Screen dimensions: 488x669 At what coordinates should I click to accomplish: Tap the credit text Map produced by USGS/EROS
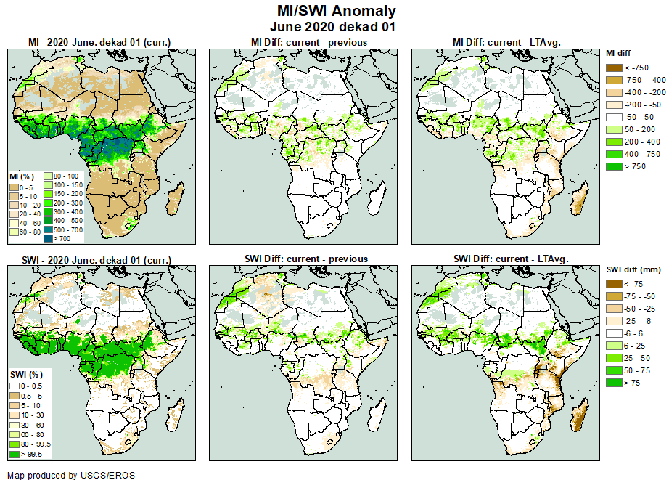coord(70,476)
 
